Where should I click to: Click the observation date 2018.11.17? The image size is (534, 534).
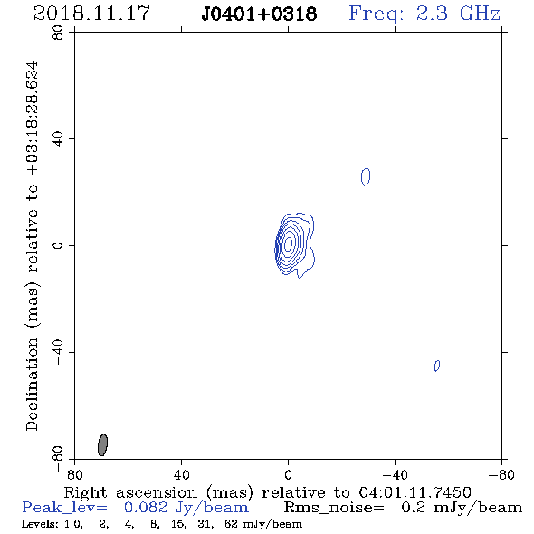[91, 14]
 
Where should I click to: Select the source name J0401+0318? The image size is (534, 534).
[259, 14]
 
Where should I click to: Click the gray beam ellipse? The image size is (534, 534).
[102, 444]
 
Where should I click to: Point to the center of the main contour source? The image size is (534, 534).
[288, 243]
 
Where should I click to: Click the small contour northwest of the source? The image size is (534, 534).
[366, 176]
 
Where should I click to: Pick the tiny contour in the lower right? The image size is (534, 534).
[437, 366]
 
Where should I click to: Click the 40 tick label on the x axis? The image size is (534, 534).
[181, 475]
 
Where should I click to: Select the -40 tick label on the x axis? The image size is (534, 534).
[395, 475]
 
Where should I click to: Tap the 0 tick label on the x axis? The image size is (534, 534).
[288, 475]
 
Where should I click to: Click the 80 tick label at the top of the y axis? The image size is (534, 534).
[58, 33]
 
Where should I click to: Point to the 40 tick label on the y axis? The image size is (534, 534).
[58, 139]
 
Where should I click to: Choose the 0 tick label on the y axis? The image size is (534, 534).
[58, 245]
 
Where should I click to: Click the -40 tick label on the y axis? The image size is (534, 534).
[58, 352]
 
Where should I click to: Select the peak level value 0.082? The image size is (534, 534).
[146, 508]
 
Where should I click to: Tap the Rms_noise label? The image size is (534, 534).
[334, 508]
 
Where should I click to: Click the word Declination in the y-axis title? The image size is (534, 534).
[32, 384]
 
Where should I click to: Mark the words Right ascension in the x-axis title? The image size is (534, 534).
[130, 492]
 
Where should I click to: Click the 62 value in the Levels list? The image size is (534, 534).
[231, 523]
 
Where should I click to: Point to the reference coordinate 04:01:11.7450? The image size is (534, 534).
[415, 492]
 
